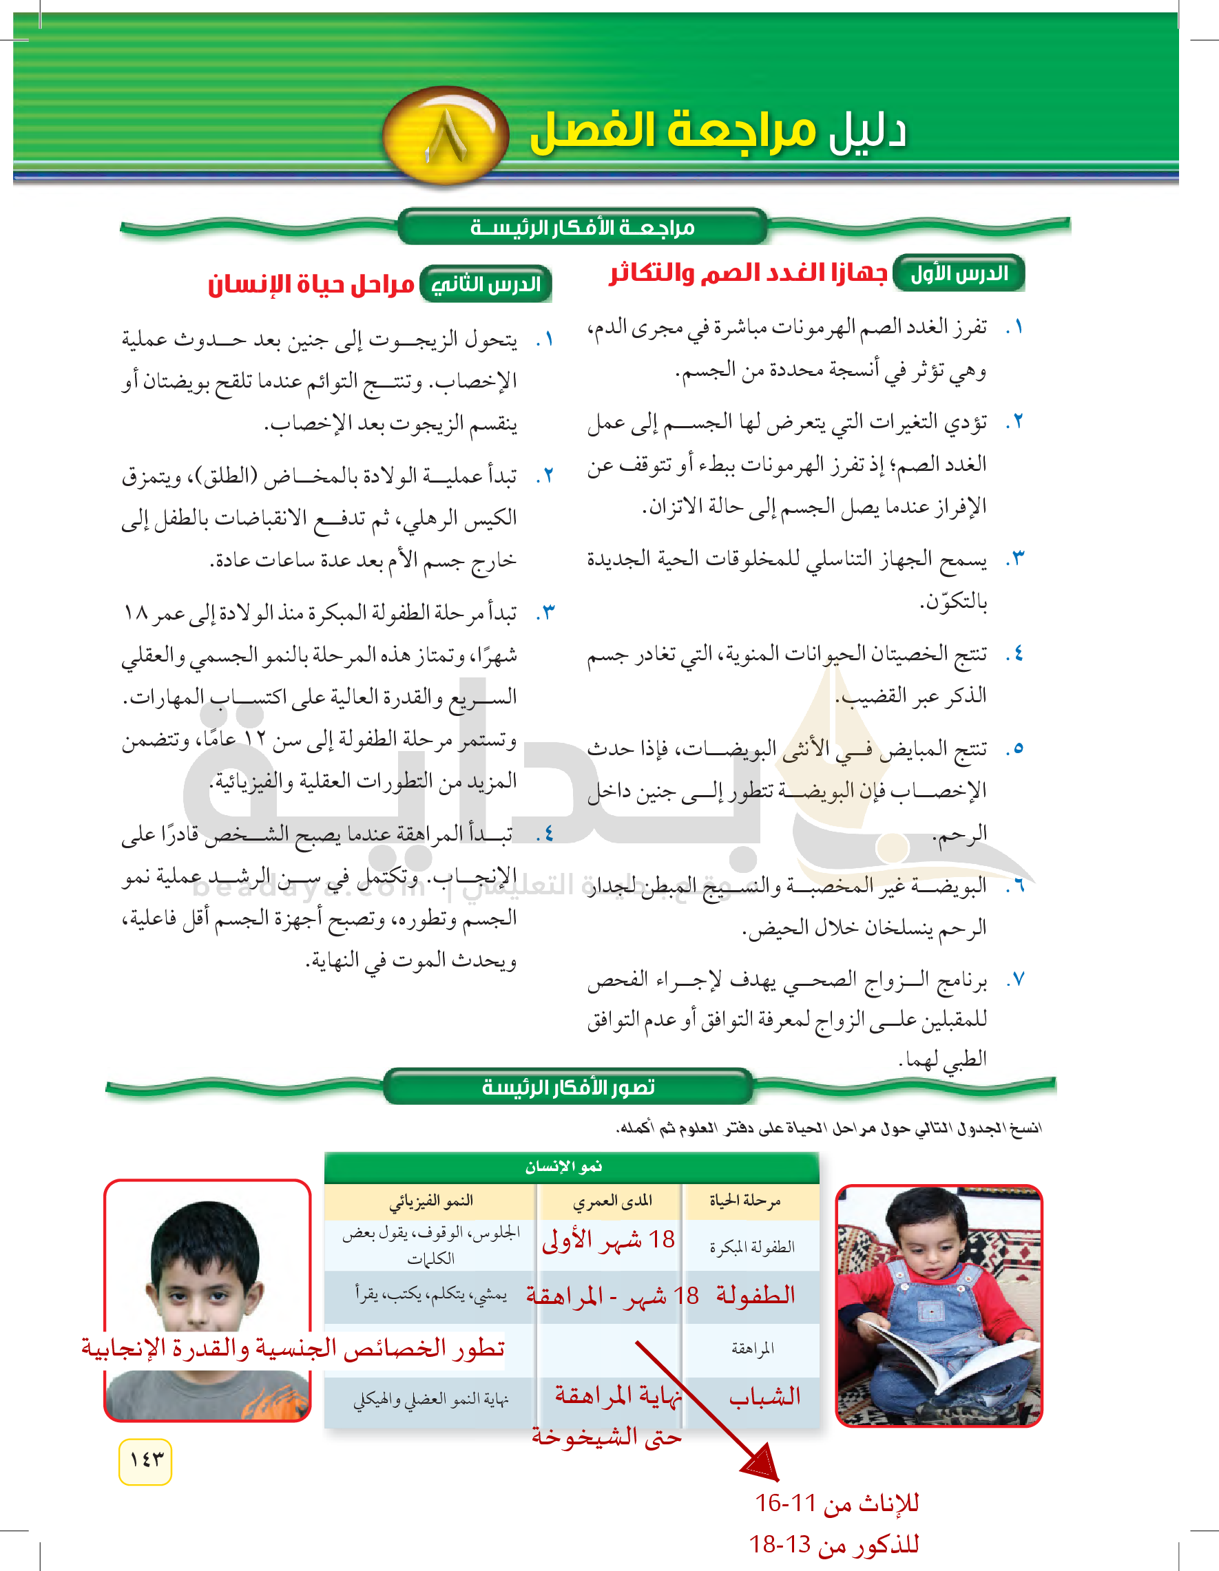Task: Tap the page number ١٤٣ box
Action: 145,1461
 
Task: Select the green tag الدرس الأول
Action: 959,273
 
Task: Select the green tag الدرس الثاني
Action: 486,284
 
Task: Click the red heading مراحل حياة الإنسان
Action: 311,284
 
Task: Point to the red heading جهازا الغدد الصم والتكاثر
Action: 748,273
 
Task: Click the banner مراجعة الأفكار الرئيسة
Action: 582,227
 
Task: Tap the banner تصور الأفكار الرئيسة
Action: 567,1086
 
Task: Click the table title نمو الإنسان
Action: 563,1167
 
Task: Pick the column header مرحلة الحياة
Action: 744,1201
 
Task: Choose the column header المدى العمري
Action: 612,1201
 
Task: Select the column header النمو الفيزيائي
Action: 430,1201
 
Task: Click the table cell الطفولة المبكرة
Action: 752,1247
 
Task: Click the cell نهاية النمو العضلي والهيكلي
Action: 430,1400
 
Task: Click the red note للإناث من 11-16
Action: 836,1503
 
